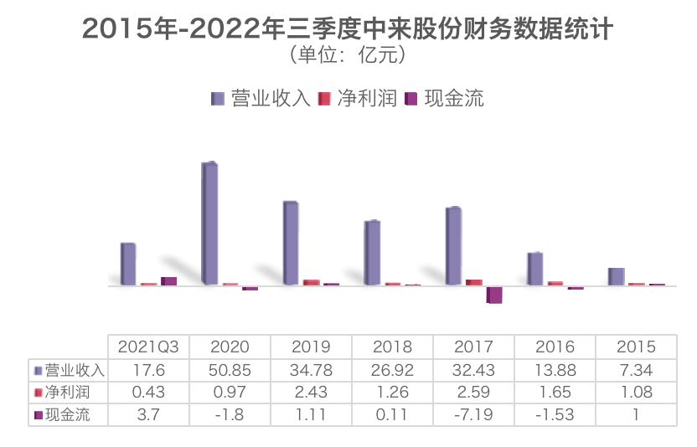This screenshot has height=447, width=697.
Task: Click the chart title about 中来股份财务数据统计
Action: pyautogui.click(x=348, y=30)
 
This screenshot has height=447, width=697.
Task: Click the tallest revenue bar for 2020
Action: pyautogui.click(x=209, y=223)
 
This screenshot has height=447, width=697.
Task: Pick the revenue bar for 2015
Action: pyautogui.click(x=616, y=276)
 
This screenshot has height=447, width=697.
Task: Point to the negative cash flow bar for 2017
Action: pyautogui.click(x=494, y=295)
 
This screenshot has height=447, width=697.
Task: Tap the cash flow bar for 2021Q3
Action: pyautogui.click(x=168, y=281)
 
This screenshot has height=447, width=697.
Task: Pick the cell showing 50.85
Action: pyautogui.click(x=230, y=370)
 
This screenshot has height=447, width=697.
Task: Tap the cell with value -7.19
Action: pyautogui.click(x=473, y=414)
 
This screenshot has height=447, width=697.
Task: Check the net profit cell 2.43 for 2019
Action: pyautogui.click(x=312, y=392)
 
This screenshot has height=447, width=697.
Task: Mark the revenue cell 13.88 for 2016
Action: pyautogui.click(x=555, y=370)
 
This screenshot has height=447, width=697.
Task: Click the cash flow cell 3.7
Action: pyautogui.click(x=149, y=414)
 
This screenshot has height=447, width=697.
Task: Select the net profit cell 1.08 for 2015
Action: pyautogui.click(x=636, y=392)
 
